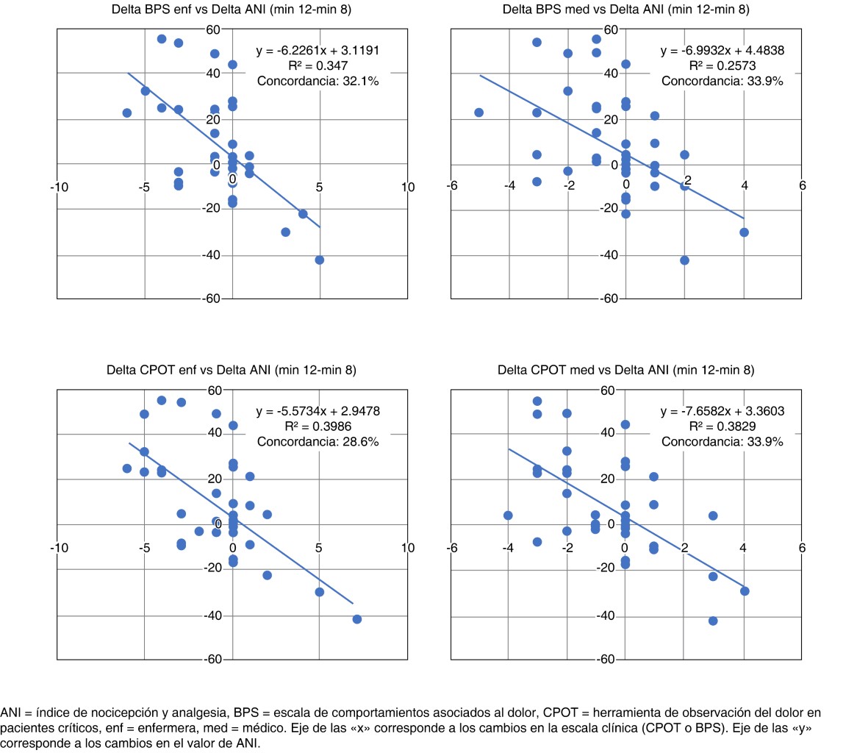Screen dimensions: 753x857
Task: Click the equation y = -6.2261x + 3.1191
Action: tap(318, 51)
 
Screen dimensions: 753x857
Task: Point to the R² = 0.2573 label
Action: tap(722, 66)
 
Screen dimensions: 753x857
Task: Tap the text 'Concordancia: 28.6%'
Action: tap(318, 441)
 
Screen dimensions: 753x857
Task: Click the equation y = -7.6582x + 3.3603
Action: tap(722, 411)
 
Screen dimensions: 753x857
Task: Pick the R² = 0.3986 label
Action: tap(318, 427)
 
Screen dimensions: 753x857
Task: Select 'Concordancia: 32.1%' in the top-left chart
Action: tap(318, 81)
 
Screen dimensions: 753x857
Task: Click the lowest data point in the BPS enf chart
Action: tap(320, 260)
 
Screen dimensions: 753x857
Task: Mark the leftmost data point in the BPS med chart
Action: tap(479, 113)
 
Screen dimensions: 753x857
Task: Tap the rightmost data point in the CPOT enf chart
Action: tap(357, 619)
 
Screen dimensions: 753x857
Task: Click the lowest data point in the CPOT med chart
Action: tap(713, 621)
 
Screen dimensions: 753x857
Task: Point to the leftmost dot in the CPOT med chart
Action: tap(508, 515)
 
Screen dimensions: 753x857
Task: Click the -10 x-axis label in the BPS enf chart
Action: tap(59, 187)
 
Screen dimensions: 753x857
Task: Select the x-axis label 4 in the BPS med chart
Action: tap(744, 186)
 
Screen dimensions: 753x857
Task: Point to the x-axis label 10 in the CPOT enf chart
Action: tap(408, 548)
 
